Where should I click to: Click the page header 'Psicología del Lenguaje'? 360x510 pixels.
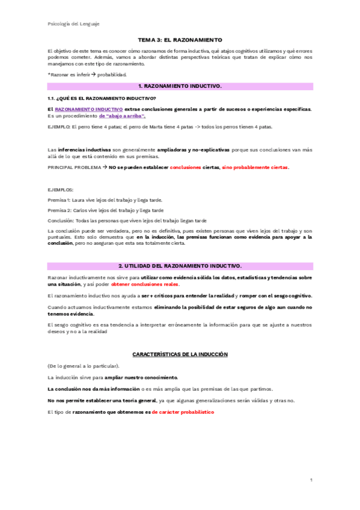point(73,23)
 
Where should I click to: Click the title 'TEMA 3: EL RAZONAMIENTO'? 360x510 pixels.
point(180,37)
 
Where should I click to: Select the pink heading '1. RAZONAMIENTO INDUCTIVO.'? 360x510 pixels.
point(180,87)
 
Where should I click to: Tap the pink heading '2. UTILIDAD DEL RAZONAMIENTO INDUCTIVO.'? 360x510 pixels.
point(180,265)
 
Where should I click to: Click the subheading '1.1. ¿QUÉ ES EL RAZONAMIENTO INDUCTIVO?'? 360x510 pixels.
point(102,98)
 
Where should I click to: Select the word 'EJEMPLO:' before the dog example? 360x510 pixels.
point(58,127)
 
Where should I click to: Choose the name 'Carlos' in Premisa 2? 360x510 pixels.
point(80,210)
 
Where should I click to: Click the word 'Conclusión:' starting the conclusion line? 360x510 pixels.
point(61,220)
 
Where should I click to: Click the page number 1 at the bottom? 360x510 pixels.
point(311,480)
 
